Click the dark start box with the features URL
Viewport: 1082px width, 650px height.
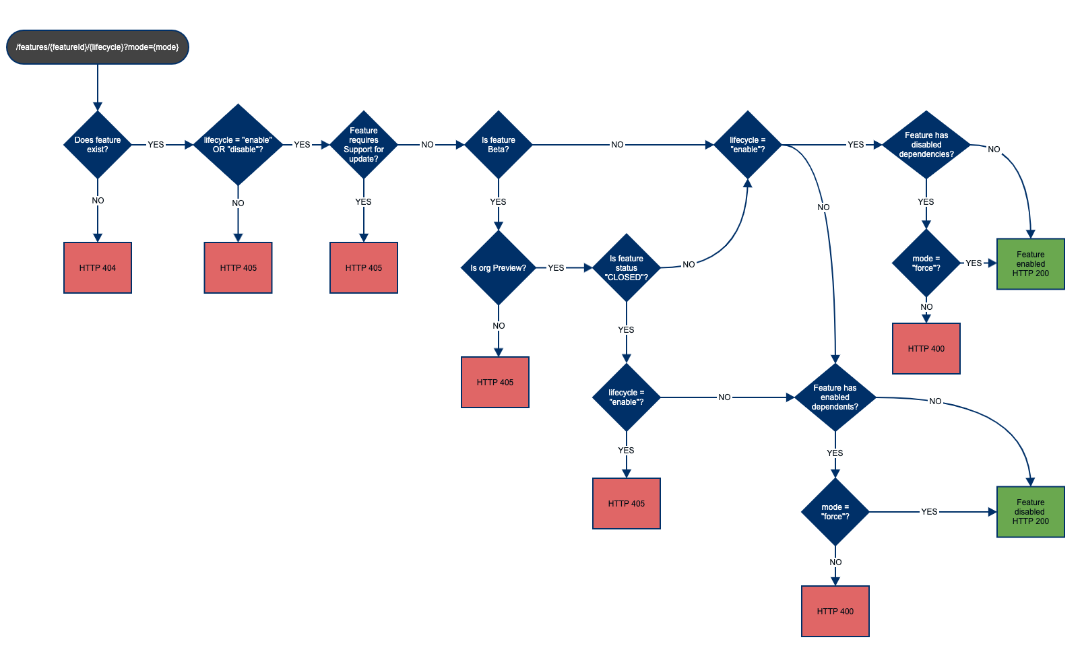98,47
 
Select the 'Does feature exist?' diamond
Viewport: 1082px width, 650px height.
98,145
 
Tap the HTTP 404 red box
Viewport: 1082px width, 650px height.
98,268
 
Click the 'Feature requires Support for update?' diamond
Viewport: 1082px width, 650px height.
364,145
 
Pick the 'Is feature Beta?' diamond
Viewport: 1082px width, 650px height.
499,145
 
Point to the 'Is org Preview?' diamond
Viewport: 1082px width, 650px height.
499,268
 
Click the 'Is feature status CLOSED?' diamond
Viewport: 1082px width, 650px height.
627,268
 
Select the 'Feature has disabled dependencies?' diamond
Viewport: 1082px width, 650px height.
926,145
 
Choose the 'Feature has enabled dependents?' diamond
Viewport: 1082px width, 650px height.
835,397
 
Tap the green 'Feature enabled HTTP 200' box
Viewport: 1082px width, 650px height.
1031,264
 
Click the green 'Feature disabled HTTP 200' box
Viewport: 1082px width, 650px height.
1031,512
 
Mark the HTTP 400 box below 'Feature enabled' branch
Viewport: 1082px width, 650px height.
926,349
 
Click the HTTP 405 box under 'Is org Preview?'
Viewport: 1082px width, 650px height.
495,383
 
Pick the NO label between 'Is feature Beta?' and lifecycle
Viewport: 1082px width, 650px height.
617,145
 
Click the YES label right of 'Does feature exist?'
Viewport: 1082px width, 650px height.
156,145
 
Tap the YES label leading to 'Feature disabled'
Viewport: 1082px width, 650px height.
929,512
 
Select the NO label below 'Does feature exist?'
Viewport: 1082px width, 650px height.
98,201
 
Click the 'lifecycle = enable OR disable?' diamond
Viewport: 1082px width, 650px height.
238,145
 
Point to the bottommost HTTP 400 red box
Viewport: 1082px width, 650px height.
835,612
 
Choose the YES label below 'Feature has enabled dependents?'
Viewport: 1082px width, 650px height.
835,453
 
